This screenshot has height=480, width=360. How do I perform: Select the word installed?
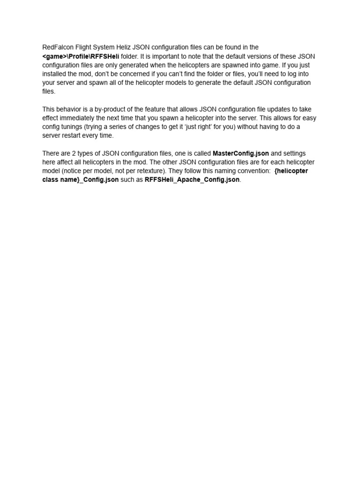pyautogui.click(x=55, y=74)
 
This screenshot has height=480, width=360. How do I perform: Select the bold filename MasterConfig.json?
pyautogui.click(x=240, y=153)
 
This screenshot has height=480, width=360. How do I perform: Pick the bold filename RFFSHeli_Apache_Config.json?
pyautogui.click(x=192, y=180)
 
